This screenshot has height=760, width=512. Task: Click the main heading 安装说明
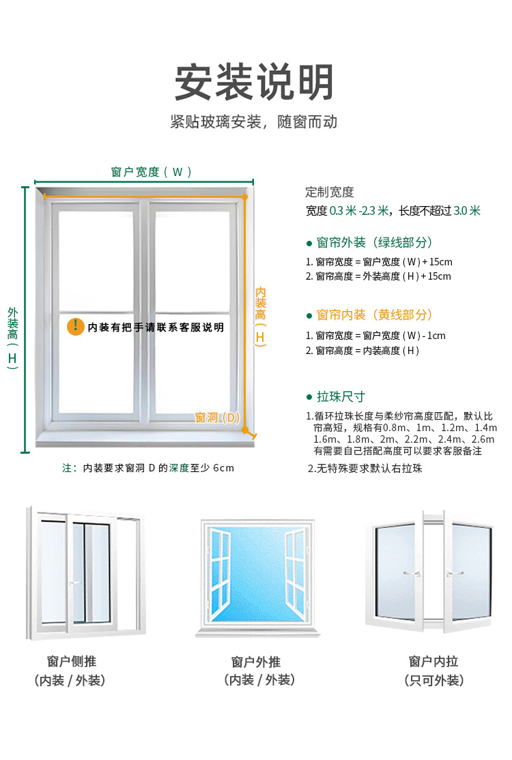point(254,83)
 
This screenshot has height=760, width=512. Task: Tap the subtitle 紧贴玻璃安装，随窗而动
point(254,122)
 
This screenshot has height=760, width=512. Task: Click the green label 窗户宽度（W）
point(152,172)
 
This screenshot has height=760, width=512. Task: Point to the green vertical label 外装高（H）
point(12,338)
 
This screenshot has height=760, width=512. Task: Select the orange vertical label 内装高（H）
point(261,315)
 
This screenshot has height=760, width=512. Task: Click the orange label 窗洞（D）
point(218,417)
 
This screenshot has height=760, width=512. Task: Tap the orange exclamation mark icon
point(75,327)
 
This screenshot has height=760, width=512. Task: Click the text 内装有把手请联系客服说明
point(156,327)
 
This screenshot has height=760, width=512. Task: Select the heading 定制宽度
point(330,192)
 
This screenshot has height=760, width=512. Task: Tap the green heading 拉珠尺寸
point(341,397)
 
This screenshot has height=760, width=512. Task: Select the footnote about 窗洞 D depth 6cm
point(148,468)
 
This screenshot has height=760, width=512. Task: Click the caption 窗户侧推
point(72,661)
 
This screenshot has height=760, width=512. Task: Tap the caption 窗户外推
point(256,662)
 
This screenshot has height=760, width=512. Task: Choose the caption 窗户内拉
point(433,661)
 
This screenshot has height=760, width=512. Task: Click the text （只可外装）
point(433,680)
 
